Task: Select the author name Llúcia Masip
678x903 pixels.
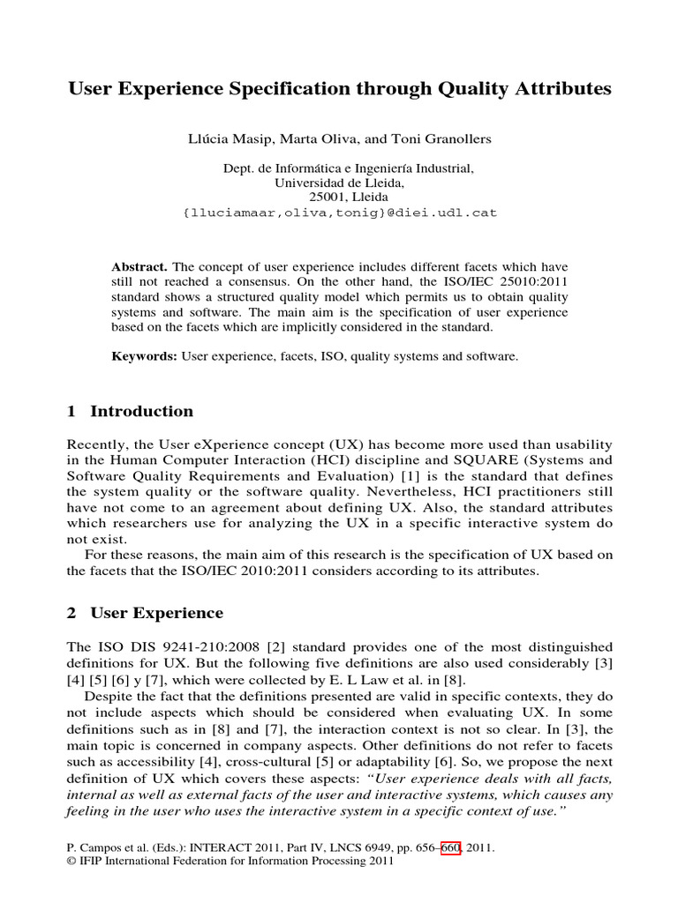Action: coord(224,140)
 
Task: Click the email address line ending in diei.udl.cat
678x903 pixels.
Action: coord(338,213)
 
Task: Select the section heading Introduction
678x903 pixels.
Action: coord(141,411)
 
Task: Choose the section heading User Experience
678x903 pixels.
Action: coord(156,613)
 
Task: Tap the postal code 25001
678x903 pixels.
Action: coord(326,198)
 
